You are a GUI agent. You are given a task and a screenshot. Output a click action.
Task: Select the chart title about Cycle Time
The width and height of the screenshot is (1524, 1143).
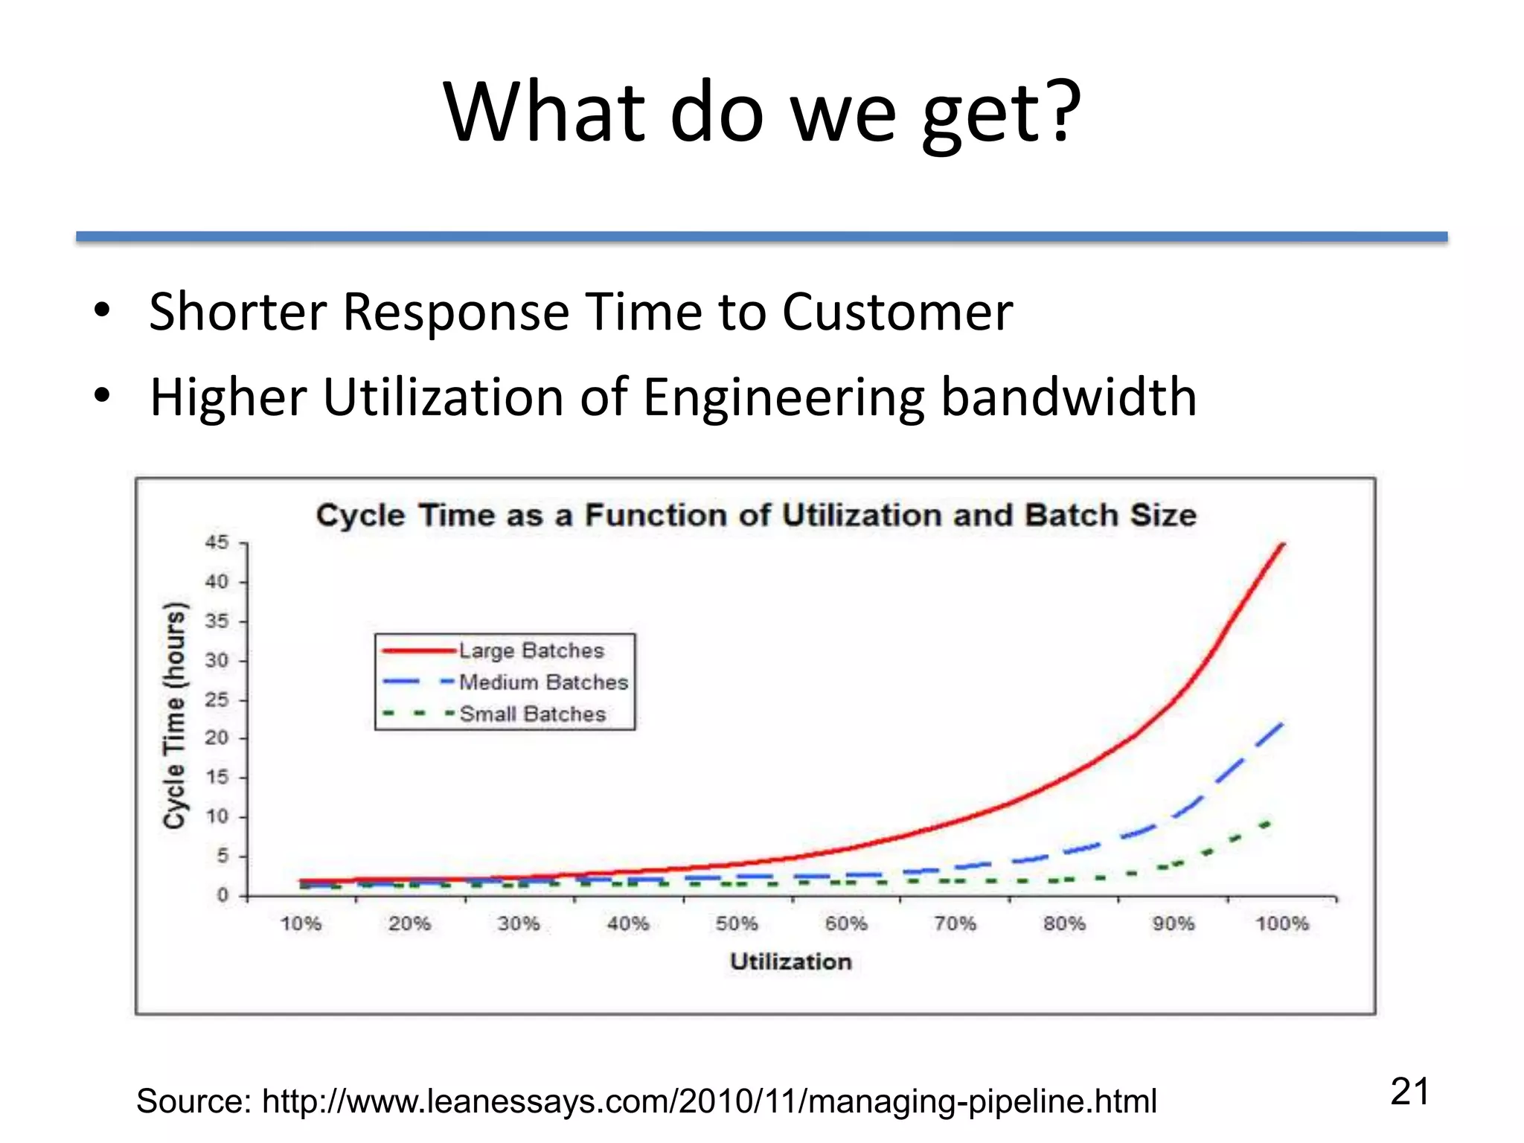point(756,515)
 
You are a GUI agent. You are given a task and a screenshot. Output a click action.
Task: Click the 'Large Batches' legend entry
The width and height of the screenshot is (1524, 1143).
point(531,650)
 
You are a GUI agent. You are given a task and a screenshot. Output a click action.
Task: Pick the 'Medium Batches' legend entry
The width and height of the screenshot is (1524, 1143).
point(543,682)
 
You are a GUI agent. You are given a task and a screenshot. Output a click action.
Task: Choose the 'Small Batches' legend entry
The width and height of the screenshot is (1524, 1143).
point(533,714)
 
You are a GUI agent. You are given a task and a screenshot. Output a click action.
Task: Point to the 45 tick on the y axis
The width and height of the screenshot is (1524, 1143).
point(217,542)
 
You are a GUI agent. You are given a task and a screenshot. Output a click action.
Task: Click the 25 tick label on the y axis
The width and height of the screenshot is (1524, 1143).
point(217,699)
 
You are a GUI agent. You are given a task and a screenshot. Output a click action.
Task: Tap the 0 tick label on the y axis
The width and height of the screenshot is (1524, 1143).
point(222,895)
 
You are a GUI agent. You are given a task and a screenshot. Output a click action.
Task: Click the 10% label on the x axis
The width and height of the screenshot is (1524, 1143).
point(301,924)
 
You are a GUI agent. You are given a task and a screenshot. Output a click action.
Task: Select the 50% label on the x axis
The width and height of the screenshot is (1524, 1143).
point(737,924)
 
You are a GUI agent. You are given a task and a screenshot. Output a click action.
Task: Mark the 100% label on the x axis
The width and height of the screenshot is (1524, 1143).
point(1281,924)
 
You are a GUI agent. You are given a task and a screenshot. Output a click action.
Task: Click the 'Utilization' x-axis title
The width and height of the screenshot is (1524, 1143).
point(790,961)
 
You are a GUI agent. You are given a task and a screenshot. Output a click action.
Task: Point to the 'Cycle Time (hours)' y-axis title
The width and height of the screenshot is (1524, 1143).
point(174,715)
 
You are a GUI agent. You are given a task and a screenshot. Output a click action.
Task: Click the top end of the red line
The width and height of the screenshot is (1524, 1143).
point(1283,545)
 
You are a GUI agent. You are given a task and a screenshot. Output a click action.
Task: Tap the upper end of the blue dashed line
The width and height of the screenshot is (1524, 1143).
point(1281,723)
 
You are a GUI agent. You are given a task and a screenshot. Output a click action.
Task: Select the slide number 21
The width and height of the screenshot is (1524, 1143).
point(1409,1092)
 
